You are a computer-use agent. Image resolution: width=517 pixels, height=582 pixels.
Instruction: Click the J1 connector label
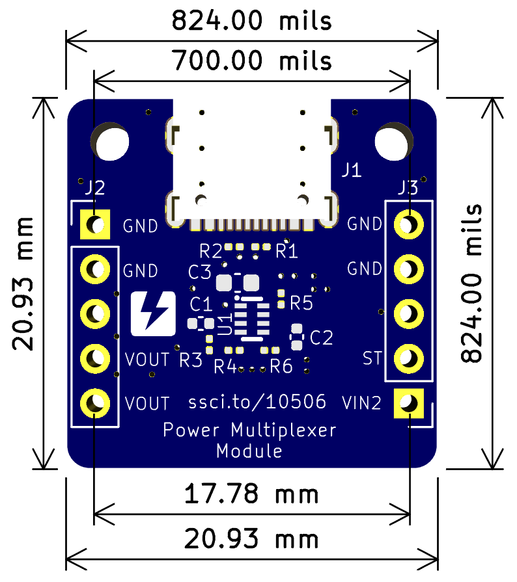pyautogui.click(x=352, y=170)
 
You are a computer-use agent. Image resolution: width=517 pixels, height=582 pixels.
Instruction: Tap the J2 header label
pyautogui.click(x=94, y=189)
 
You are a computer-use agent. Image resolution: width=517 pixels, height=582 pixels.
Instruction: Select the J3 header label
pyautogui.click(x=408, y=189)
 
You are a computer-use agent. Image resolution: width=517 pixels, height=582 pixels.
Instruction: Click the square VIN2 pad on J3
pyautogui.click(x=408, y=404)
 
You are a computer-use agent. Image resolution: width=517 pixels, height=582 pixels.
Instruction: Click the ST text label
pyautogui.click(x=372, y=358)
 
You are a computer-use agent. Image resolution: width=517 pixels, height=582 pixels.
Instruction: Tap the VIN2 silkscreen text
pyautogui.click(x=361, y=404)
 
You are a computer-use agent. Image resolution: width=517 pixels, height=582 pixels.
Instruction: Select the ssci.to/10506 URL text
pyautogui.click(x=257, y=403)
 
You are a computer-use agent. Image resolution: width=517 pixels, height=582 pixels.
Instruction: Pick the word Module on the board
pyautogui.click(x=249, y=450)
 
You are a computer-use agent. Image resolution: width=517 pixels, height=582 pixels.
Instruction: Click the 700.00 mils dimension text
pyautogui.click(x=251, y=61)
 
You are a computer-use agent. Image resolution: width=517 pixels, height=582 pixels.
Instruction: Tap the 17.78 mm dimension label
pyautogui.click(x=251, y=495)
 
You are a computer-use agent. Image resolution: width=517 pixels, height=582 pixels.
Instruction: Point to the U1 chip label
pyautogui.click(x=225, y=323)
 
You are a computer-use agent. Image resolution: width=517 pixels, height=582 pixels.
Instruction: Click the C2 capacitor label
pyautogui.click(x=322, y=337)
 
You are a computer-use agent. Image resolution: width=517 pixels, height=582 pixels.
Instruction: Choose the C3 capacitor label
pyautogui.click(x=200, y=271)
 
